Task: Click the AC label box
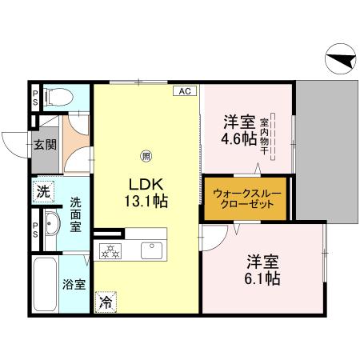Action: click(184, 92)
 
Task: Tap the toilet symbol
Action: click(57, 97)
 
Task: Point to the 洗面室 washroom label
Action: click(75, 215)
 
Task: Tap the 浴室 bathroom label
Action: click(75, 284)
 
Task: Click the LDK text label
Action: click(147, 184)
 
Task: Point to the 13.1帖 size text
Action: click(147, 202)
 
